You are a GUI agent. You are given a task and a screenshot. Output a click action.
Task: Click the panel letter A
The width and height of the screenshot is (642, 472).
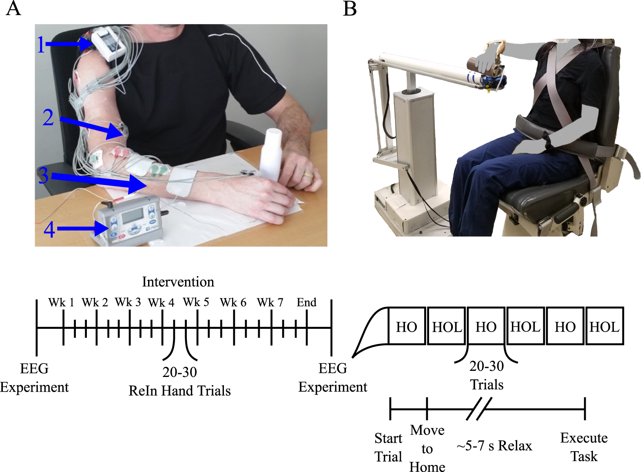click(13, 8)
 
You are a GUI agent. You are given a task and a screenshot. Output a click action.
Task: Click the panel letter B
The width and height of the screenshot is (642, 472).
click(350, 8)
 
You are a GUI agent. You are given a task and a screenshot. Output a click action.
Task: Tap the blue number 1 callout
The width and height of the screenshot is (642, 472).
click(41, 44)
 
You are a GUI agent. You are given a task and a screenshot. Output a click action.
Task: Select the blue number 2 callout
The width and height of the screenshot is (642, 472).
click(49, 117)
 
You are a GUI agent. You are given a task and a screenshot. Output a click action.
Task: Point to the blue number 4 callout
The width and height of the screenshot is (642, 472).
click(49, 229)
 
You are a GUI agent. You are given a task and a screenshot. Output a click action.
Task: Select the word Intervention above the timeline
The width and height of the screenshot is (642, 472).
click(178, 282)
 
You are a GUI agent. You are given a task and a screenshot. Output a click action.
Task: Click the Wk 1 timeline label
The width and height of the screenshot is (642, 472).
click(61, 303)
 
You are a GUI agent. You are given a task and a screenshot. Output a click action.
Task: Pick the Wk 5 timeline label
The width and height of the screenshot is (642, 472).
click(196, 303)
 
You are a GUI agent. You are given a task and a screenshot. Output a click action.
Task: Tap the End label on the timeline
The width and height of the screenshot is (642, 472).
click(306, 303)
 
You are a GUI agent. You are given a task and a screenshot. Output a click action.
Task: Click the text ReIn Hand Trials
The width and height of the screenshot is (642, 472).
click(179, 391)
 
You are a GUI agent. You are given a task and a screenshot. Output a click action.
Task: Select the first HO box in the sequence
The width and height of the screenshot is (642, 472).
click(407, 326)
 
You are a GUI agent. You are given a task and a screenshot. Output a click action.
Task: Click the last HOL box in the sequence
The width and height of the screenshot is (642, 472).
click(604, 326)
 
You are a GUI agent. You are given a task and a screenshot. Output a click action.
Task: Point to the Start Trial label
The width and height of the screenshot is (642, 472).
click(388, 447)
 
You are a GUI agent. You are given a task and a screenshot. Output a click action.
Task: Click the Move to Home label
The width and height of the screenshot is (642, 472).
click(427, 448)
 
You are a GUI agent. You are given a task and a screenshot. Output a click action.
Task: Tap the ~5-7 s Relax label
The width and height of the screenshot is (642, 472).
click(494, 446)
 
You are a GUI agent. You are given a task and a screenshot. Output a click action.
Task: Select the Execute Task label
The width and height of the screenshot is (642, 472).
click(584, 447)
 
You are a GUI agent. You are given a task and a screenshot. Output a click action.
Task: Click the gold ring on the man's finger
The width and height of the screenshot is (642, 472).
click(308, 175)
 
